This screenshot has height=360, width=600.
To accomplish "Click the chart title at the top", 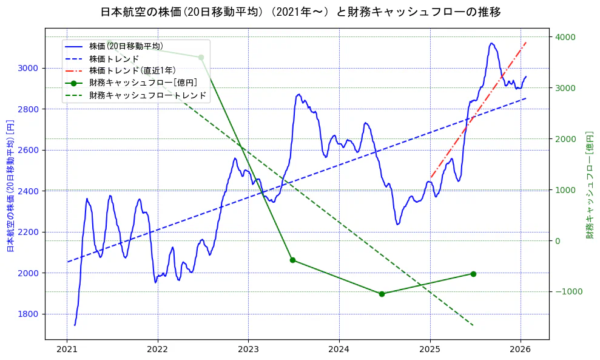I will (300, 12).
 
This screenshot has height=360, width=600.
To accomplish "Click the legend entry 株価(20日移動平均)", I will (126, 46).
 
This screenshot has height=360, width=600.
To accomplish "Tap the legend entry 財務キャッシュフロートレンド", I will (147, 95).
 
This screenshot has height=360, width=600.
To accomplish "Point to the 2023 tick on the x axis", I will (248, 350).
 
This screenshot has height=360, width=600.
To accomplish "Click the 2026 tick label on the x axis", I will (521, 350).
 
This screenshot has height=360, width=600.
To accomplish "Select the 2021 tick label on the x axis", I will (67, 350).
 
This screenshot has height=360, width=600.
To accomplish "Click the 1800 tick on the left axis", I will (30, 314).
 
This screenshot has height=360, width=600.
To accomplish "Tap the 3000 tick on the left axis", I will (30, 68).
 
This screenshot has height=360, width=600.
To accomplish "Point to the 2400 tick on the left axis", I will (30, 191).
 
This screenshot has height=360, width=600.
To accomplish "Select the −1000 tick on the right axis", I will (568, 291).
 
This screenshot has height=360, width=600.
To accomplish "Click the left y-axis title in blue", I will (10, 185).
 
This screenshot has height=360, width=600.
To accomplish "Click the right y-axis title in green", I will (589, 185).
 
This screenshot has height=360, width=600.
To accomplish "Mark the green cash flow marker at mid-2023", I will (292, 260).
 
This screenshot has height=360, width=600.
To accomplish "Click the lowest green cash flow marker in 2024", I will (382, 294).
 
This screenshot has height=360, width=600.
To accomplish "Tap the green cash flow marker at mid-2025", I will (473, 274).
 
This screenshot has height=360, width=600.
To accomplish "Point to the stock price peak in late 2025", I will (491, 43).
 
